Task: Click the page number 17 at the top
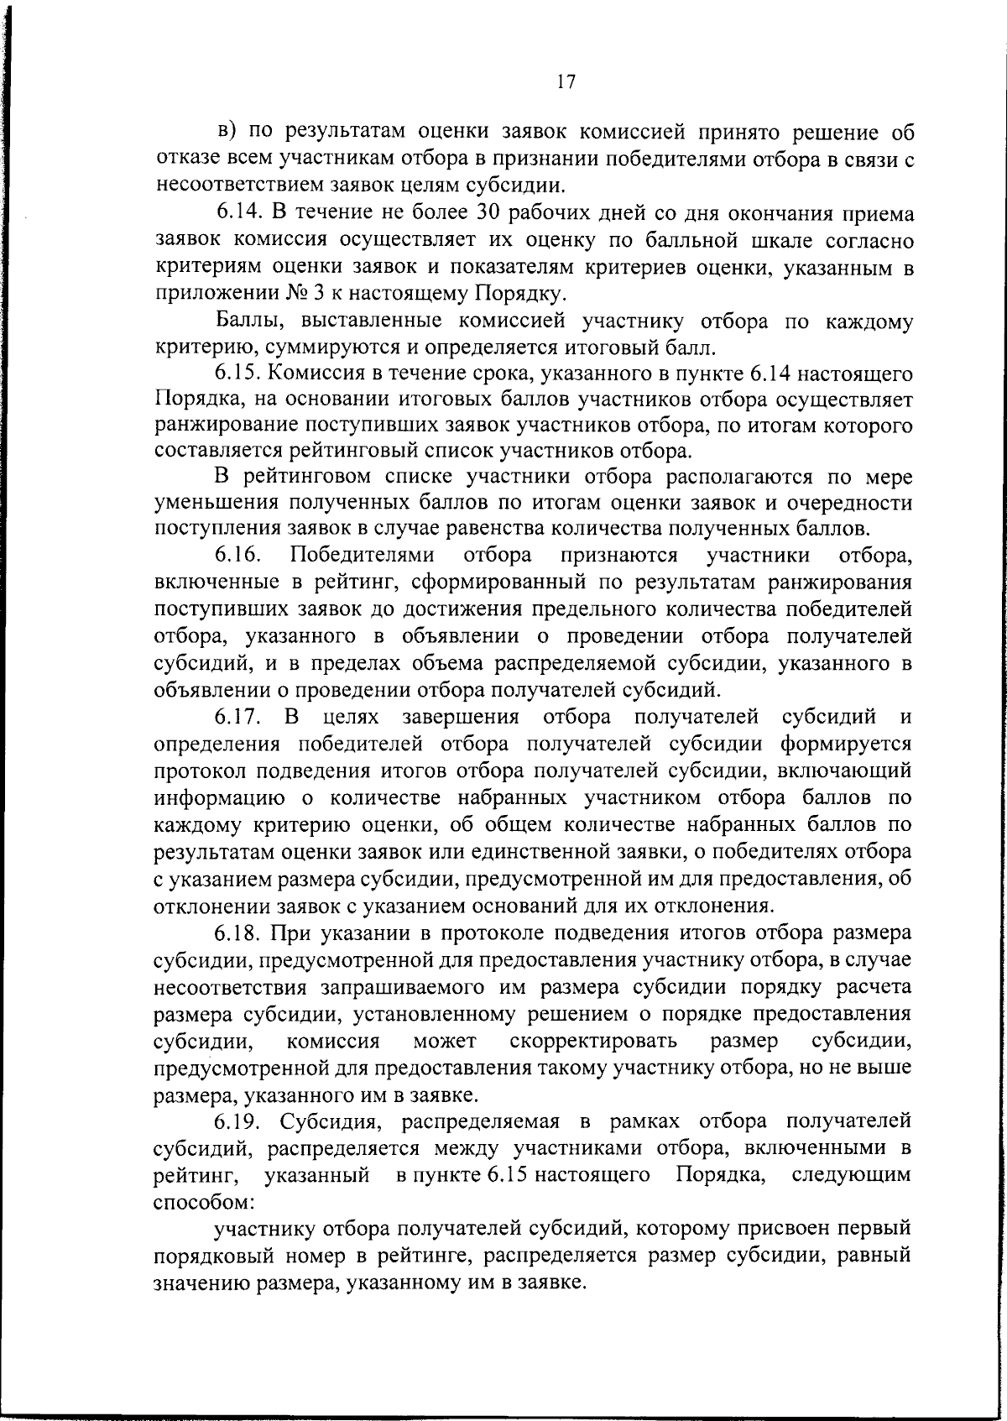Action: [565, 81]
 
